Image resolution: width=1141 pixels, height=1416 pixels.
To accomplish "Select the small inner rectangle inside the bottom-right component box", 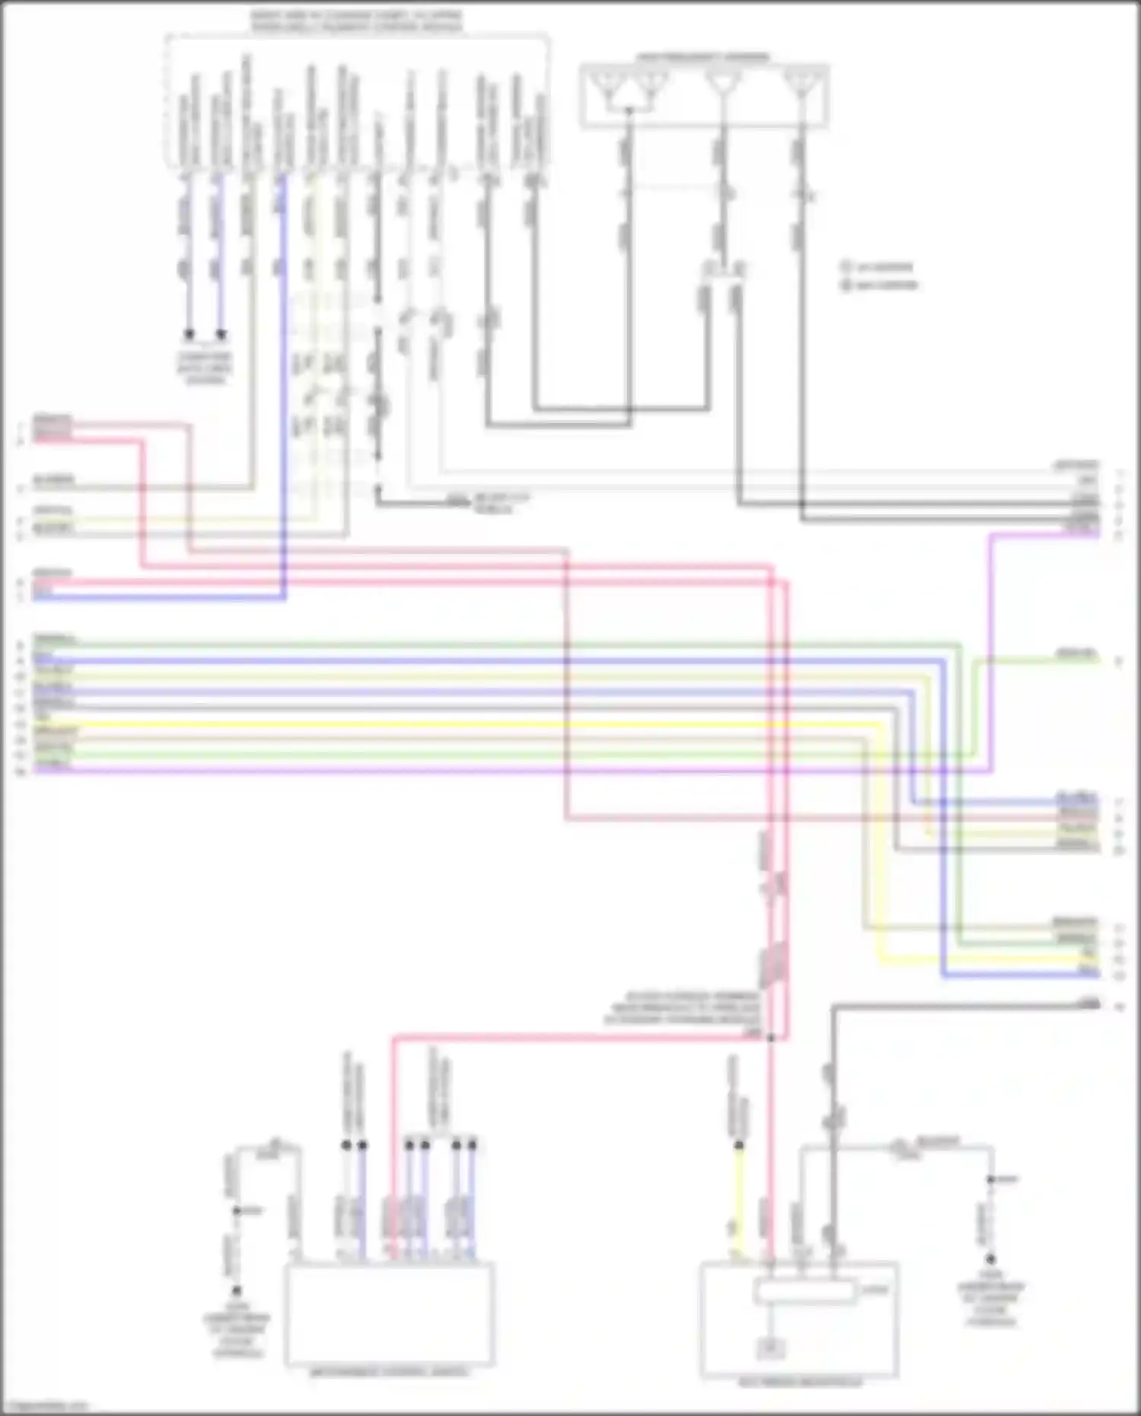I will pyautogui.click(x=804, y=1291).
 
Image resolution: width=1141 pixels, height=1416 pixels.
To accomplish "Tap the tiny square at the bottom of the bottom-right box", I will pyautogui.click(x=770, y=1348).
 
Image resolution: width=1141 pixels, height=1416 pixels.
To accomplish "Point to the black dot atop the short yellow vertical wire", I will pyautogui.click(x=738, y=1144).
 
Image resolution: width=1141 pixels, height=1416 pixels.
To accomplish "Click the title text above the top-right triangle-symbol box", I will pyautogui.click(x=703, y=57).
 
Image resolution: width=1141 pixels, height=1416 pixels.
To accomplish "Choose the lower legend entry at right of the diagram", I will pyautogui.click(x=880, y=285).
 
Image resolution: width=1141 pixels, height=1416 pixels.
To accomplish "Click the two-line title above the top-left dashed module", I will pyautogui.click(x=357, y=21).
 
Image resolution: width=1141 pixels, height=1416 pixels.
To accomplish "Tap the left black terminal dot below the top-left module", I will pyautogui.click(x=189, y=334).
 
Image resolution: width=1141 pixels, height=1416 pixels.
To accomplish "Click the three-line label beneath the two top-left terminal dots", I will pyautogui.click(x=205, y=368).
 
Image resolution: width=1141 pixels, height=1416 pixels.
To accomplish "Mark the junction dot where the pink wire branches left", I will pyautogui.click(x=771, y=1037).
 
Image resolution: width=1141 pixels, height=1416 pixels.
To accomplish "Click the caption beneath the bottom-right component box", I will pyautogui.click(x=800, y=1382).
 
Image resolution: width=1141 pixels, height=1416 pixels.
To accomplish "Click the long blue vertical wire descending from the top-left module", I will pyautogui.click(x=283, y=380).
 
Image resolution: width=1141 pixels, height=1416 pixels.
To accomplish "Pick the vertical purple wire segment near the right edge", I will pyautogui.click(x=990, y=647).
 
